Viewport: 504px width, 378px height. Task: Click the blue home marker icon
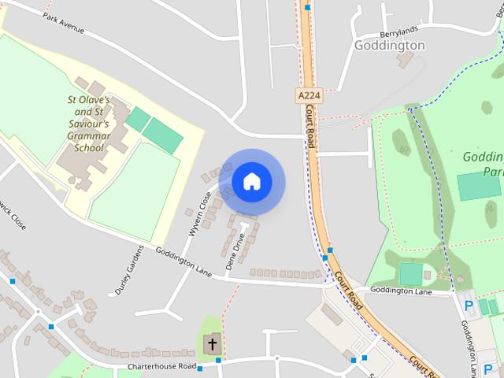click(x=252, y=182)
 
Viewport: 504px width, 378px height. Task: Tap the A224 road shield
click(x=309, y=95)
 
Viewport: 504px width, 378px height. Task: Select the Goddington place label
click(x=389, y=46)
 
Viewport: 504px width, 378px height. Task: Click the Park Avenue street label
click(x=64, y=23)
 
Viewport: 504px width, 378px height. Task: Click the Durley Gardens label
click(x=129, y=270)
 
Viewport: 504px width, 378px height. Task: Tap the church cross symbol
click(x=211, y=343)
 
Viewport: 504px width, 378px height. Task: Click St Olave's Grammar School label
click(x=88, y=124)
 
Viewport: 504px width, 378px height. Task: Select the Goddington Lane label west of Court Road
click(x=183, y=261)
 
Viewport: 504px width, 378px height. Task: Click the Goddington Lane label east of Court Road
click(x=401, y=291)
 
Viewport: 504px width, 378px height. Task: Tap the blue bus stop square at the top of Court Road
click(x=307, y=7)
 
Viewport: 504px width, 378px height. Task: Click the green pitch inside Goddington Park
click(x=478, y=187)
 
